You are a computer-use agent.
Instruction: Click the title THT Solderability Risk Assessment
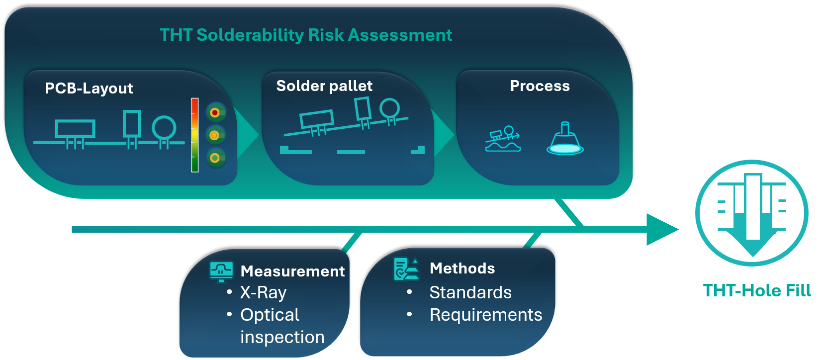point(306,35)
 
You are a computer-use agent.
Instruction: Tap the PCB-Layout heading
point(89,89)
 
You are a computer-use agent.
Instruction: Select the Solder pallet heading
point(324,86)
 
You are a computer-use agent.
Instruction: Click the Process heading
point(540,86)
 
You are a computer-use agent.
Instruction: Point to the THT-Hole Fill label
point(756,290)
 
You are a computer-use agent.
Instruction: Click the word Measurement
point(292,271)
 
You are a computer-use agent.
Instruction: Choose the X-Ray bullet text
point(263,292)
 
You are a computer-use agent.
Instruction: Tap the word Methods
point(462,269)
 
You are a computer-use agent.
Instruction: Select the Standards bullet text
point(470,292)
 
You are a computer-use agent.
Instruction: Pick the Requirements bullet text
point(486,315)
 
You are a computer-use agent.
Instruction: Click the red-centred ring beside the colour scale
point(215,113)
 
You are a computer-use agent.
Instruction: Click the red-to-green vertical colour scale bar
point(195,135)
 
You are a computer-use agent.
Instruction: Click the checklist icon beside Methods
point(406,269)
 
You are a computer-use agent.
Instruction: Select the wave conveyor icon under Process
point(503,139)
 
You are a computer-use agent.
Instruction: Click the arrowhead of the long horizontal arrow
point(662,229)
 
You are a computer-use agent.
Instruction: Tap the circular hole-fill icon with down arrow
point(752,213)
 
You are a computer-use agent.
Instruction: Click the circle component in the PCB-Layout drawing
point(164,128)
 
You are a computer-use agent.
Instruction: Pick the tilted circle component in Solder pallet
point(389,108)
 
